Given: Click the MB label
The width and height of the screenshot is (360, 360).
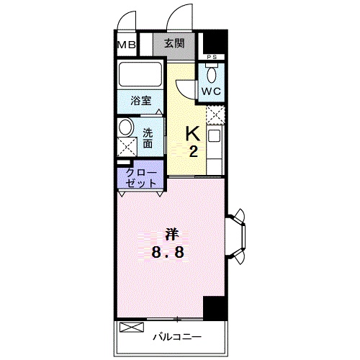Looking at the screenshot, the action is [x=127, y=45].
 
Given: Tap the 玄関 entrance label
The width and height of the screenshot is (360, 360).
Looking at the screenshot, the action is [x=174, y=43].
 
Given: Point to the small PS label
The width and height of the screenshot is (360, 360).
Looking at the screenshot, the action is [x=212, y=57].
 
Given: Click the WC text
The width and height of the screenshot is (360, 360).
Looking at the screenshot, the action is [x=211, y=91].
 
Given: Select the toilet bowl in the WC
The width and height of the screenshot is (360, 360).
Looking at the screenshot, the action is [x=212, y=74].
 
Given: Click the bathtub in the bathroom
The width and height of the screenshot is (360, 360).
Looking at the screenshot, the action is [x=140, y=74].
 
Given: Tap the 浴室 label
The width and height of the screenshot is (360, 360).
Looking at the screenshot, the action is [x=141, y=101].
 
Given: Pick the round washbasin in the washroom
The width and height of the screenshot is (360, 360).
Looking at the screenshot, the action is [x=126, y=127].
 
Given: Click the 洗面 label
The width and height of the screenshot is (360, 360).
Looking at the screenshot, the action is [x=148, y=138].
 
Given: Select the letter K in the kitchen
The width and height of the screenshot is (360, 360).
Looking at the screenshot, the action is [x=194, y=134].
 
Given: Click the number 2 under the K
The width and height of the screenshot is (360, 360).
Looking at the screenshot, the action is [x=194, y=151].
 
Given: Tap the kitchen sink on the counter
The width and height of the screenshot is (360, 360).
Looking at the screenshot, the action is [x=214, y=135].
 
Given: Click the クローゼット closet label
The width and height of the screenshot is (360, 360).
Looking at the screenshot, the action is [x=141, y=178].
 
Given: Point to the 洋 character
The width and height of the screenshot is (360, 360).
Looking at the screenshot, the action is [x=172, y=235].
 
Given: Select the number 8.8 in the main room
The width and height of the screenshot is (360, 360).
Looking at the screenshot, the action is [x=168, y=252].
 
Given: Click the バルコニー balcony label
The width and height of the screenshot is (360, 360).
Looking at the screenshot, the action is [x=177, y=337].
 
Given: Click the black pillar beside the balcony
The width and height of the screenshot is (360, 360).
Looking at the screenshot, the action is [x=215, y=308].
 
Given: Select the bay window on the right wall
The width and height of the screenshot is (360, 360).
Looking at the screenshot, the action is [x=236, y=236].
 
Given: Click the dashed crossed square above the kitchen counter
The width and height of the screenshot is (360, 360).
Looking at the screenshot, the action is [x=215, y=115].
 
